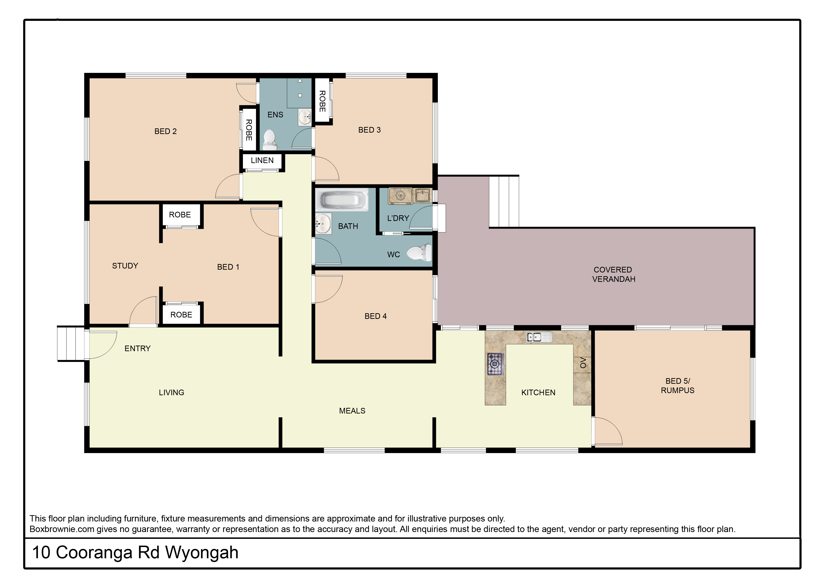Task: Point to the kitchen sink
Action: tap(539, 337)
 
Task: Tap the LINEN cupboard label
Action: tap(262, 160)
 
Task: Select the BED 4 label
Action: tap(375, 316)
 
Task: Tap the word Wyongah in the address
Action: tap(202, 553)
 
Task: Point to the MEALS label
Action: tap(352, 411)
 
